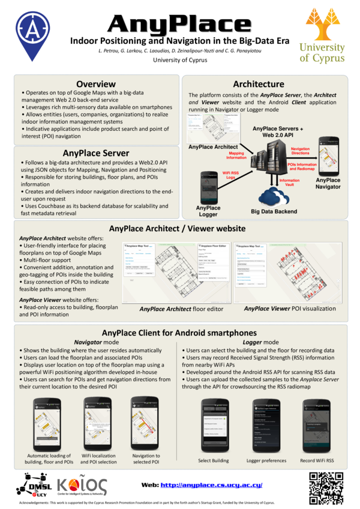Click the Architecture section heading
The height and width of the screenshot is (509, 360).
point(259,83)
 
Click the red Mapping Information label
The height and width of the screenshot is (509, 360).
point(236,155)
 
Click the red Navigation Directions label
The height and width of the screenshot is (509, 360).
point(300,151)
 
